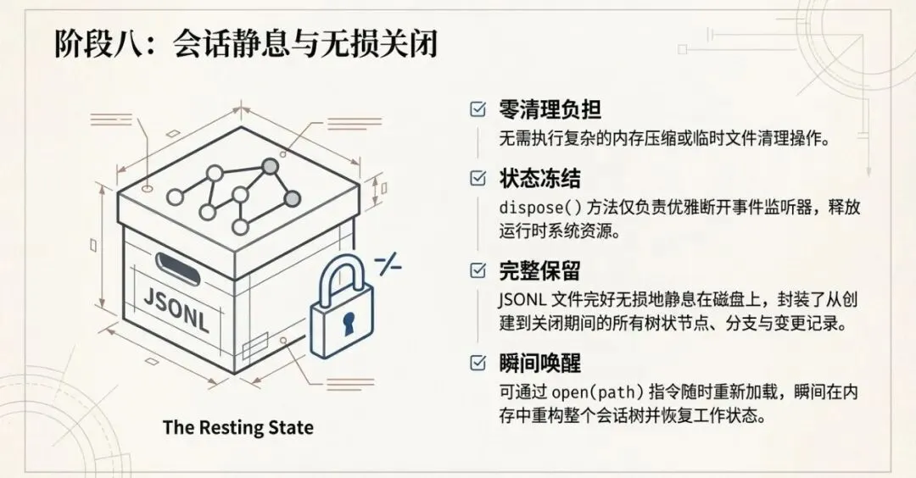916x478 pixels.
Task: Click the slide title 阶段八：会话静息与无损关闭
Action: [246, 43]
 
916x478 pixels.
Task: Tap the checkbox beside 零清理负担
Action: [478, 109]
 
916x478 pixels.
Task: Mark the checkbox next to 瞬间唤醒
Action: [478, 364]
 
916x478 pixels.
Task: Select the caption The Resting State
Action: [237, 427]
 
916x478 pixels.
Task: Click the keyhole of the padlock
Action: [347, 322]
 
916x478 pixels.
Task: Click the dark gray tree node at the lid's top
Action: [270, 166]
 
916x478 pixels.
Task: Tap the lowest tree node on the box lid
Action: [241, 226]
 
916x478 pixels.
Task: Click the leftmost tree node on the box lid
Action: [176, 197]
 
